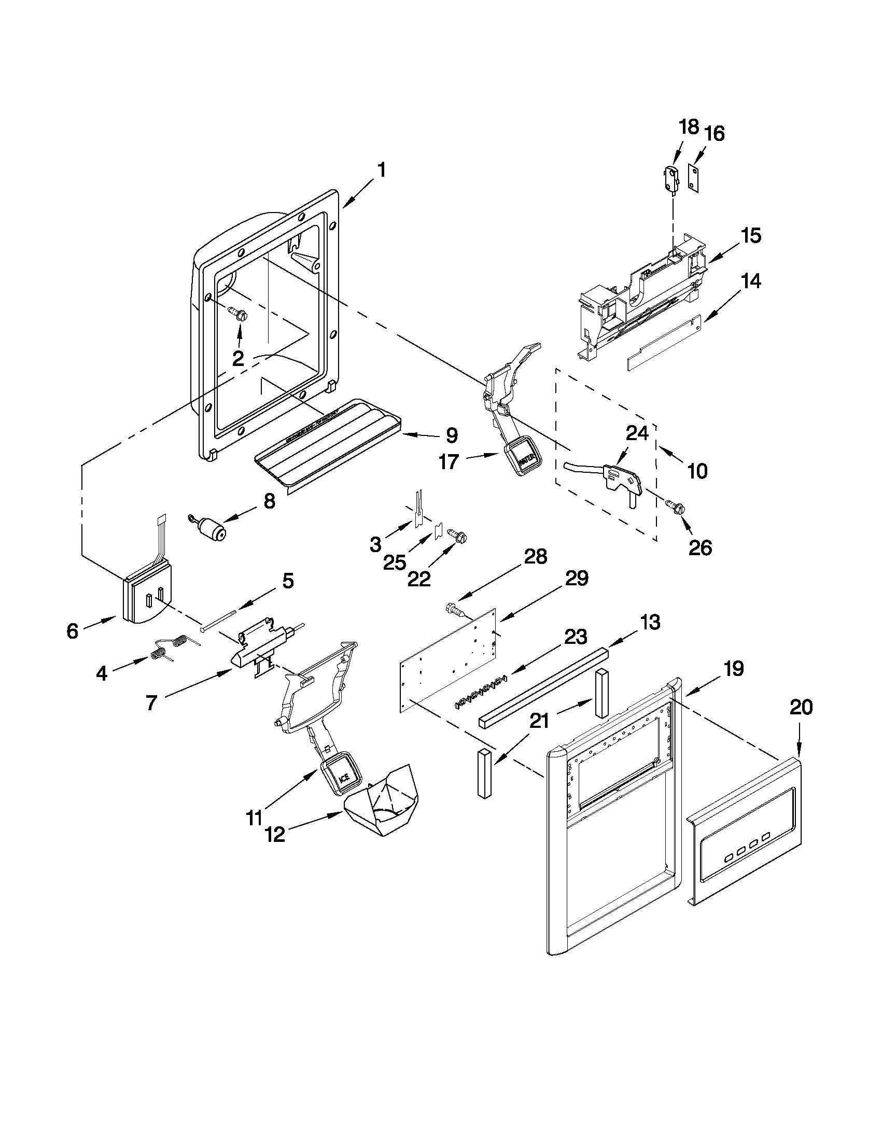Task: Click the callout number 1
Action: [382, 171]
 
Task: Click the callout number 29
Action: [576, 579]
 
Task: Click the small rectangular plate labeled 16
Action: [694, 178]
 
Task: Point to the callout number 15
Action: [751, 236]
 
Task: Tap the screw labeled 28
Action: [454, 610]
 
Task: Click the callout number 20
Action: [801, 708]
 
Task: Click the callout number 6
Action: [73, 631]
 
